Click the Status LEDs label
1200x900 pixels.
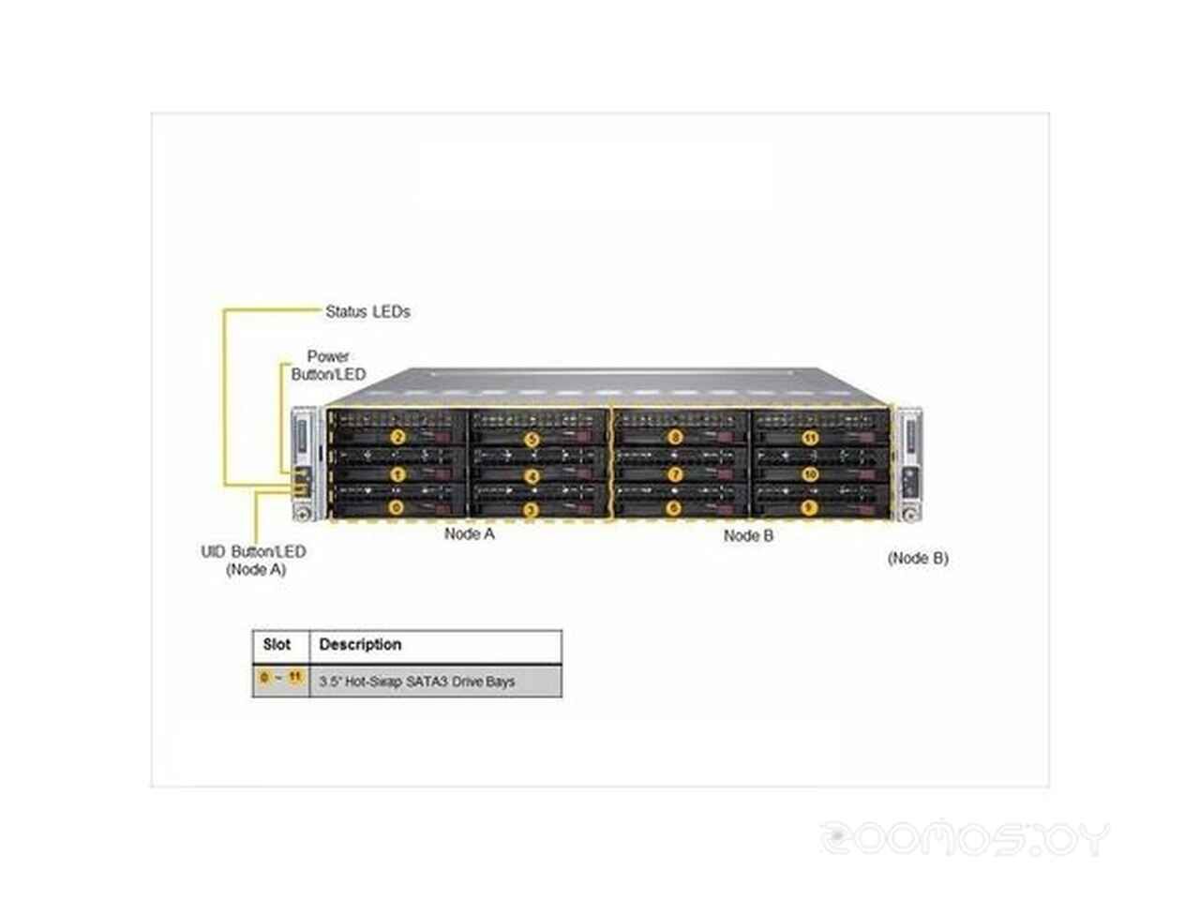point(367,311)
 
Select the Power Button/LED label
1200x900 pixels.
point(328,366)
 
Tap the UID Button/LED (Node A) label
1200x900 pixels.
point(253,560)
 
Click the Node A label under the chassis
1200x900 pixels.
point(469,534)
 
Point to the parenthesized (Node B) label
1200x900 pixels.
point(918,558)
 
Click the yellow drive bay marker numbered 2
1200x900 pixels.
point(397,437)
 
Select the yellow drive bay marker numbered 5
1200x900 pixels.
point(532,438)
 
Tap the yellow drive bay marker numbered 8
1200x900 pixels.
point(674,437)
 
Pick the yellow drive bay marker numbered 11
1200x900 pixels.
point(810,437)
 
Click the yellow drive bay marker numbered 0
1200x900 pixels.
point(397,508)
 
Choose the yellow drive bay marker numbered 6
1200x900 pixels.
point(674,508)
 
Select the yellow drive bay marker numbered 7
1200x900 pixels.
point(674,473)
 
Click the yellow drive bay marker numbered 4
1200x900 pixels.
point(532,475)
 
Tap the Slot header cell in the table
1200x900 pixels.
point(277,645)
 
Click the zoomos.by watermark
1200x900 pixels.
point(965,837)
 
